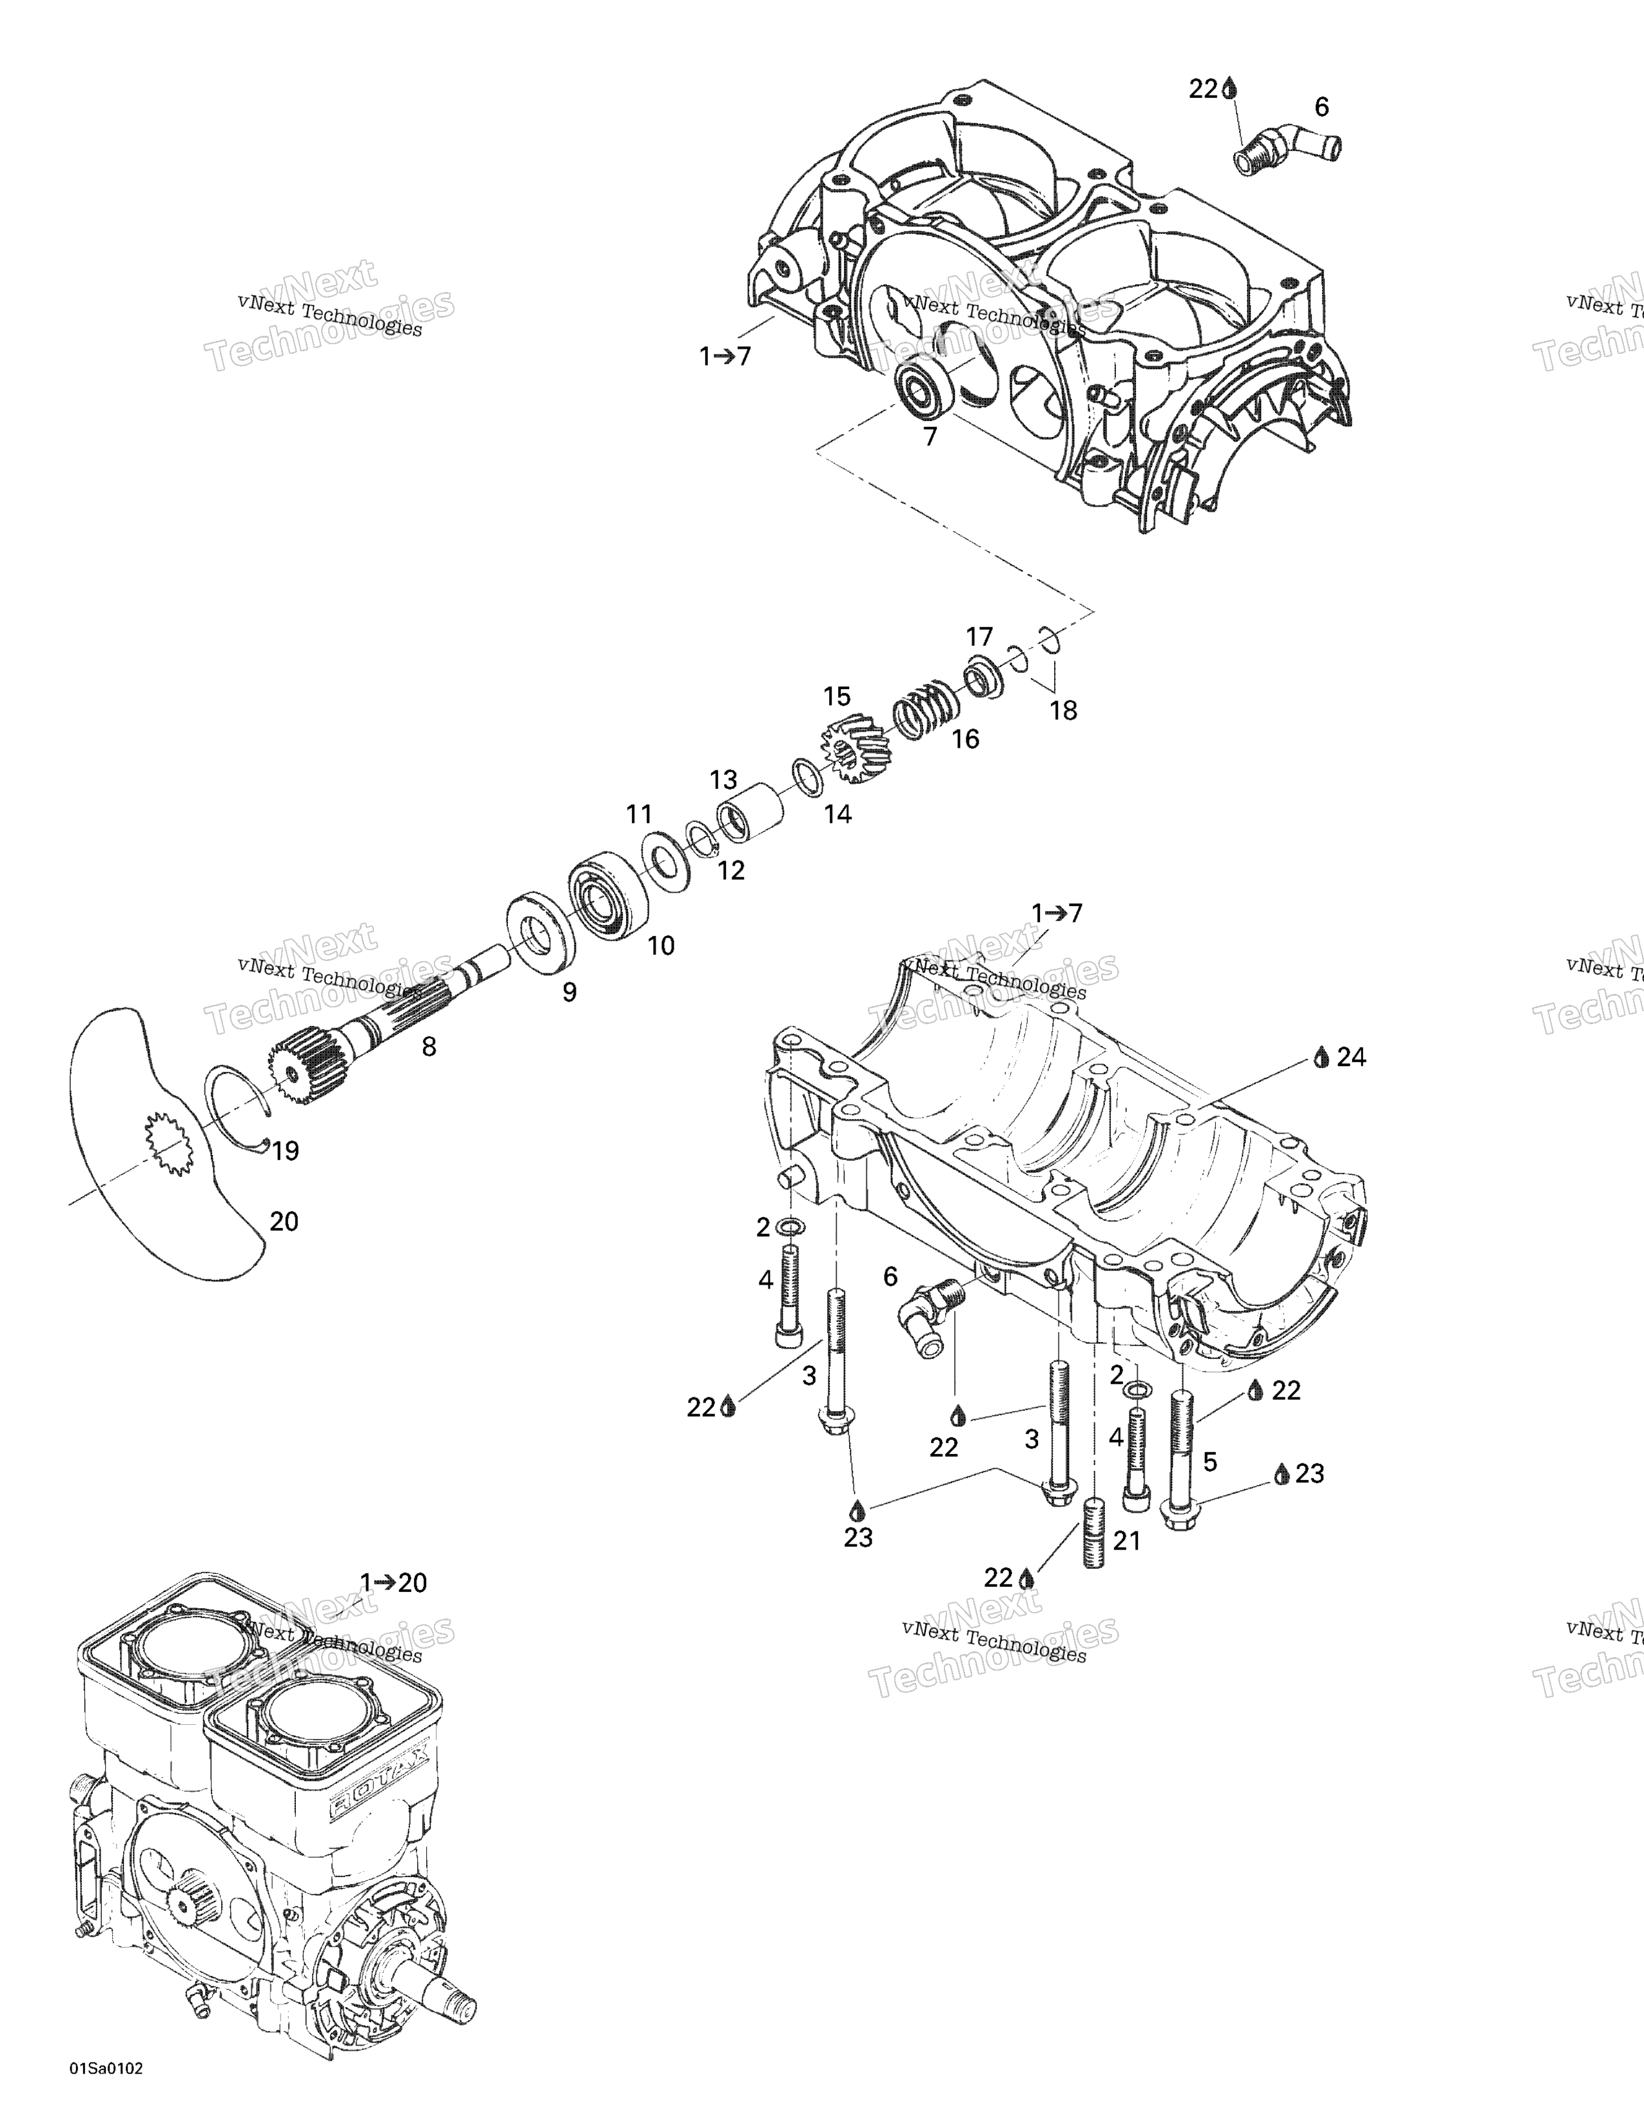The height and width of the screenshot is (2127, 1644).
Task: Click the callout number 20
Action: (x=284, y=1221)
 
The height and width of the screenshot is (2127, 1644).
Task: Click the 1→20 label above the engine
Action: (x=393, y=1582)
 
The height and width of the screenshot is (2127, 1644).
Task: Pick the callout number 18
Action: (x=1064, y=711)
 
